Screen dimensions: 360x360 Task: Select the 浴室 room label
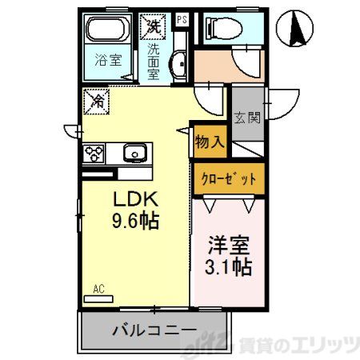pyautogui.click(x=108, y=58)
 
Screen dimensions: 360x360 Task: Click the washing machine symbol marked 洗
pyautogui.click(x=154, y=26)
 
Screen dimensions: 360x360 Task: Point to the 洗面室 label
pyautogui.click(x=154, y=60)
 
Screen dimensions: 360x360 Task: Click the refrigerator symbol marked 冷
pyautogui.click(x=96, y=102)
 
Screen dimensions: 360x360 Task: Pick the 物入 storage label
pyautogui.click(x=209, y=142)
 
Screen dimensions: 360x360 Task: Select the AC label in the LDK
pyautogui.click(x=99, y=290)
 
